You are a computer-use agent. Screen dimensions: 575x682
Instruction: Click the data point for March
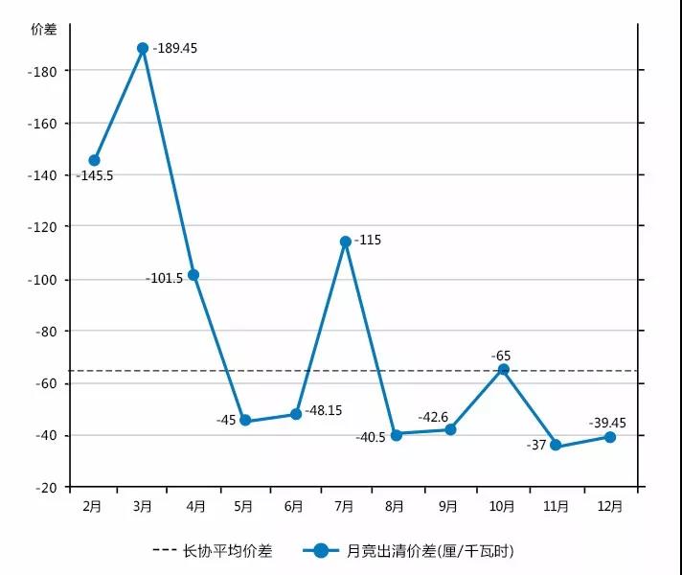point(143,48)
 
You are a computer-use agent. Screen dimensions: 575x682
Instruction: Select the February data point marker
point(94,160)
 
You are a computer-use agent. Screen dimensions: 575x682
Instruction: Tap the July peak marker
point(346,241)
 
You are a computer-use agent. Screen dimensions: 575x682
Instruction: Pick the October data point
point(504,369)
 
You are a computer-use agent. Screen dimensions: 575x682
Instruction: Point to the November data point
point(556,445)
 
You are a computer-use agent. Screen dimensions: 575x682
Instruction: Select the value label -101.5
point(165,278)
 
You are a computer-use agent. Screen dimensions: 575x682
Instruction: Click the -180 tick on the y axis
point(44,71)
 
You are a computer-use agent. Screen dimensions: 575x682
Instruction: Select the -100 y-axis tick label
point(44,279)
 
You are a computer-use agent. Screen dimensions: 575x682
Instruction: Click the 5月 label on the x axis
point(243,505)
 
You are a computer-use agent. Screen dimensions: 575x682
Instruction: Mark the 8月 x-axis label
point(395,505)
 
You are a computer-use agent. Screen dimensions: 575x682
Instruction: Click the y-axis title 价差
point(44,29)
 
